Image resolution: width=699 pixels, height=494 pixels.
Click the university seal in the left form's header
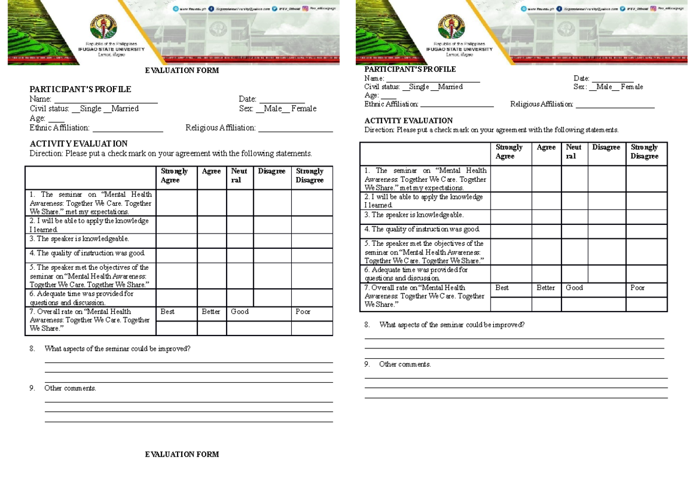[x=104, y=27]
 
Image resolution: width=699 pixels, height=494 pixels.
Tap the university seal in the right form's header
[x=451, y=27]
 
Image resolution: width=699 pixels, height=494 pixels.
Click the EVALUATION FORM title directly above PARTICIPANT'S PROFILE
[x=182, y=70]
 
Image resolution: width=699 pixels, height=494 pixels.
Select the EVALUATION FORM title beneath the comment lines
[x=182, y=454]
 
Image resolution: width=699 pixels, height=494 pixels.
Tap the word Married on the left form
[x=125, y=109]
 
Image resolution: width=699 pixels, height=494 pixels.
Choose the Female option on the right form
[x=632, y=87]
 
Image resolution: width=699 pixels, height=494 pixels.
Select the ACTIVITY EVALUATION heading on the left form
[x=79, y=144]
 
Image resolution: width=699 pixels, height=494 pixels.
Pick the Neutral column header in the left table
[x=239, y=176]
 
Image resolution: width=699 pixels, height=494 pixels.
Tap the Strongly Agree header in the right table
[x=510, y=152]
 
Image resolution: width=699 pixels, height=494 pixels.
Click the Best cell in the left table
[x=168, y=312]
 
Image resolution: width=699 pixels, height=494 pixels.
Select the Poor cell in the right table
[x=638, y=288]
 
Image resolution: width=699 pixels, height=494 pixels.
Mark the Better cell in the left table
[x=211, y=312]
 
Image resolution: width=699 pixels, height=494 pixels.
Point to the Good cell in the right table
[x=574, y=288]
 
